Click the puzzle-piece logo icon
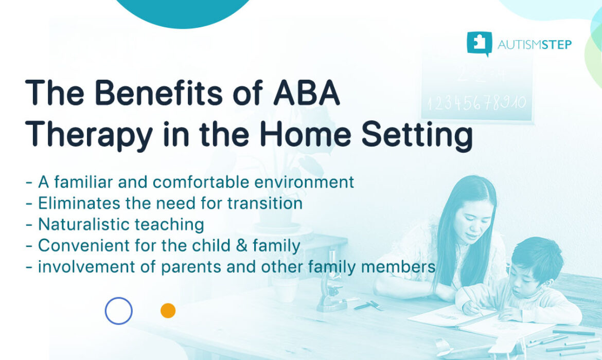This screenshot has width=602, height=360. point(479,44)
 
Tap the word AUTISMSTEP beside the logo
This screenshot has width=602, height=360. point(534,45)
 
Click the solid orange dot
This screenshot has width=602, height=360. point(168,311)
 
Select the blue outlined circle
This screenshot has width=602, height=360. point(119,311)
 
